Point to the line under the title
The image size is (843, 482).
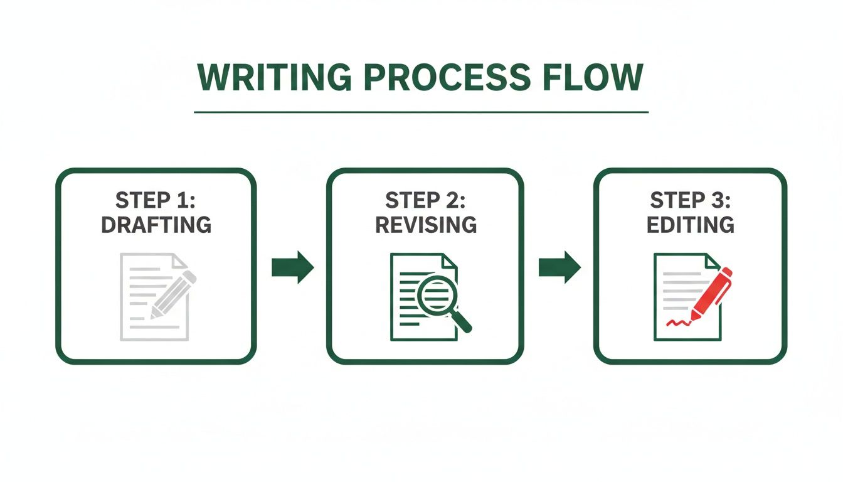click(421, 112)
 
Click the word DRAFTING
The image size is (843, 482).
click(156, 225)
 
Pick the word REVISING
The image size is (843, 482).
click(425, 225)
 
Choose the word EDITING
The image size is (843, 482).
click(690, 225)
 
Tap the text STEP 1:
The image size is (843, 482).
click(156, 201)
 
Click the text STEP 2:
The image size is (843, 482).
click(425, 201)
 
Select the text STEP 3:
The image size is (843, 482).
click(690, 201)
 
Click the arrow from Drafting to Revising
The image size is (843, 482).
click(292, 267)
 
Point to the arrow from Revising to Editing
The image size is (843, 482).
click(559, 267)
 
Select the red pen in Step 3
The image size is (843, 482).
click(713, 292)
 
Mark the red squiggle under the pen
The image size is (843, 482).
click(678, 323)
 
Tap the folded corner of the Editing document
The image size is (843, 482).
click(713, 260)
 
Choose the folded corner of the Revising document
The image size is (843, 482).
click(450, 260)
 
